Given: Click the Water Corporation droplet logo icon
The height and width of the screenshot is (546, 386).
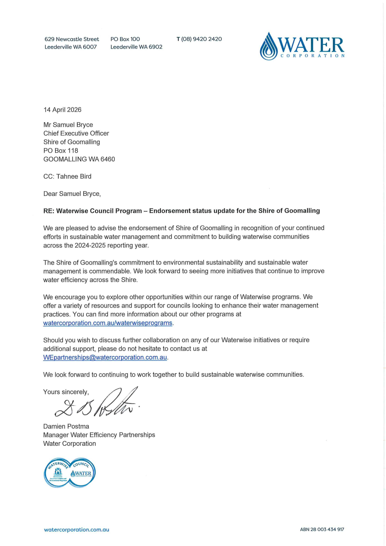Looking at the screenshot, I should [x=269, y=46].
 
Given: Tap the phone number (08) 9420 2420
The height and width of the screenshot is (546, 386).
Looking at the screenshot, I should [x=201, y=39].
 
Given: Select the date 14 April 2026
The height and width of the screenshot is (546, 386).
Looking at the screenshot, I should [x=62, y=110].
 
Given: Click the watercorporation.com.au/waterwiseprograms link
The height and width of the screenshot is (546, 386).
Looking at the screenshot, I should [x=108, y=323].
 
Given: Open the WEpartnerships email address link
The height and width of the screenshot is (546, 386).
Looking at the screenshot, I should [x=105, y=357].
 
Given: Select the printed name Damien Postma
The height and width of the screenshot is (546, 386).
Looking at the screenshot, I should [x=66, y=426].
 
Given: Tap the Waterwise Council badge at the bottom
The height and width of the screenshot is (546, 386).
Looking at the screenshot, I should [x=70, y=473].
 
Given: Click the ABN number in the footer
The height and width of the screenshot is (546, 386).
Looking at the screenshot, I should [x=322, y=529].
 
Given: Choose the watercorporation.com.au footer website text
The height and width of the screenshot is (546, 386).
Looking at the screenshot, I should [x=76, y=529].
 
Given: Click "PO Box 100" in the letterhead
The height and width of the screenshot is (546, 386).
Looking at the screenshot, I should [x=125, y=39].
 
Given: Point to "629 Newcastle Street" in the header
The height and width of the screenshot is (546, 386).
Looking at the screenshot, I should [x=72, y=39].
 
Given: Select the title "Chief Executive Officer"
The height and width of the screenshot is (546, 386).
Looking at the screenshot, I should [x=76, y=133].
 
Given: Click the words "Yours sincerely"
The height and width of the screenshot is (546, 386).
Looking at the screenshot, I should [x=66, y=392].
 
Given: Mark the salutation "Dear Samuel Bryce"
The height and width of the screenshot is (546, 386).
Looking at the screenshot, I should [x=72, y=194].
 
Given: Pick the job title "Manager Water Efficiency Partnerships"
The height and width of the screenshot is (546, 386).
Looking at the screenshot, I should [x=99, y=435].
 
